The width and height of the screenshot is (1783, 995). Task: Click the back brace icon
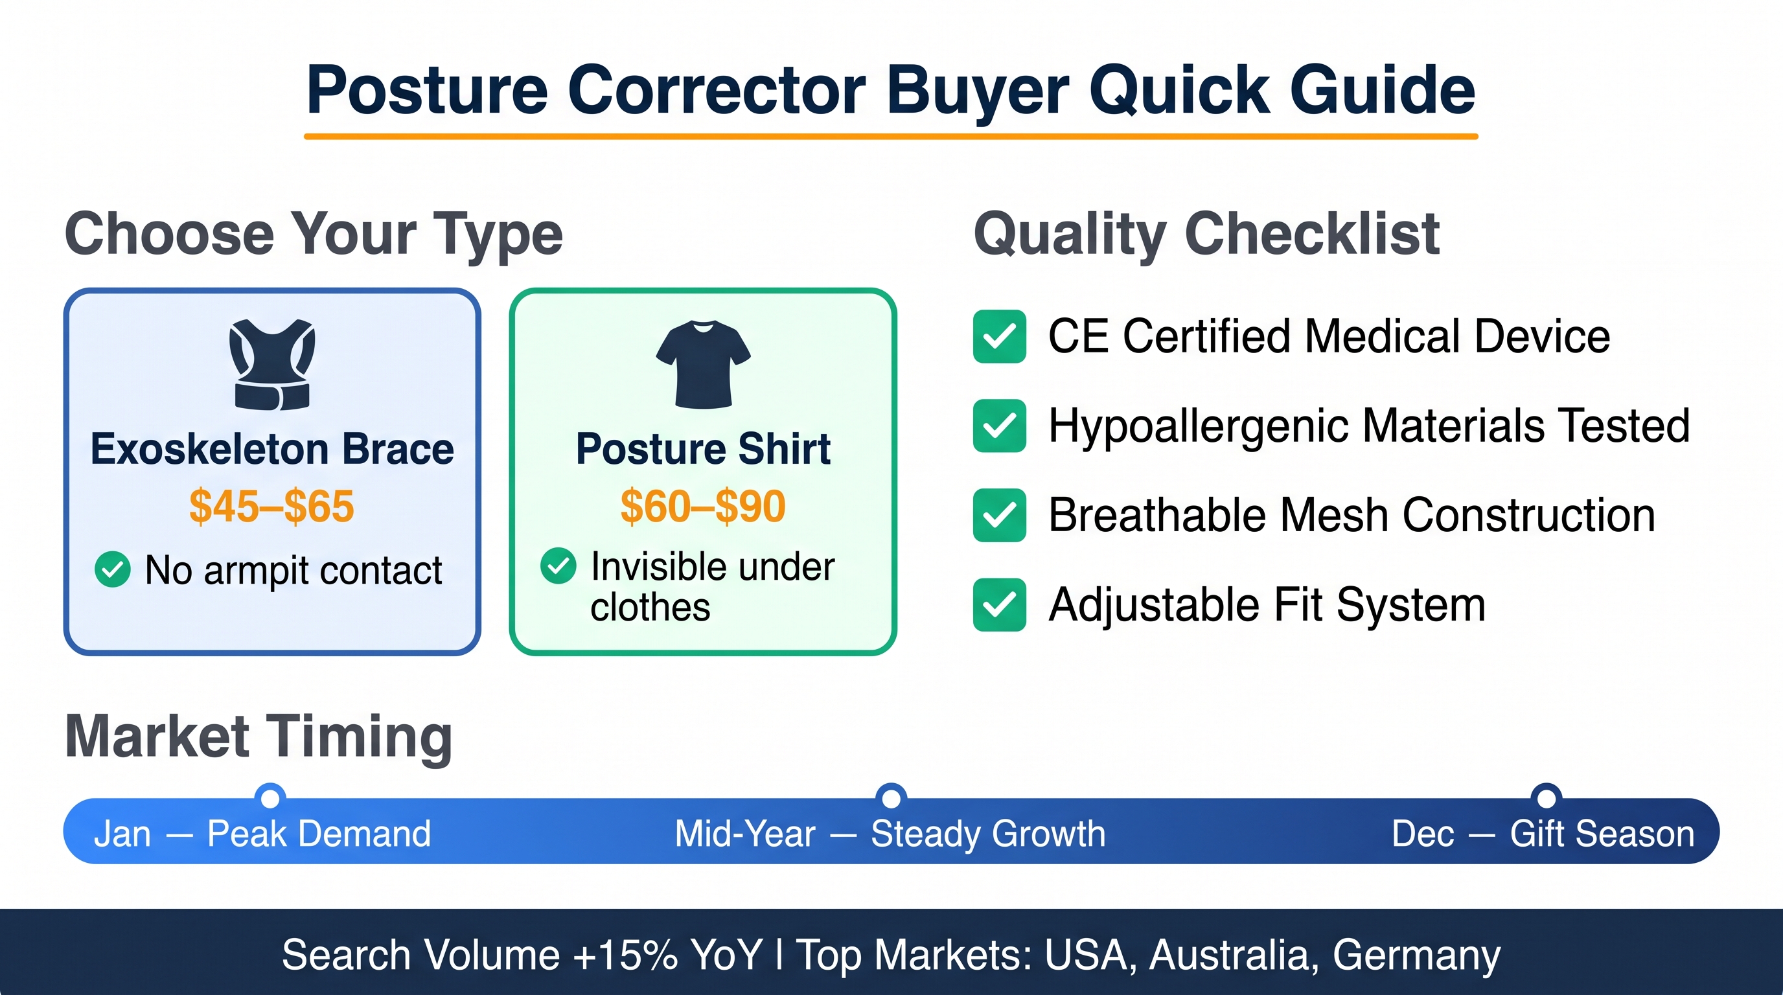[x=272, y=364]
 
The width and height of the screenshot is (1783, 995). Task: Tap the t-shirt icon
[x=703, y=364]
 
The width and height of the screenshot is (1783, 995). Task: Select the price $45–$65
[x=272, y=506]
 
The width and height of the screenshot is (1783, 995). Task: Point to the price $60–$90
[x=703, y=506]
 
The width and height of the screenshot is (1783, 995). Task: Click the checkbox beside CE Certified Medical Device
[x=1000, y=336]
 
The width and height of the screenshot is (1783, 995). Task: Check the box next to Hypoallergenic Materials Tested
[x=1000, y=426]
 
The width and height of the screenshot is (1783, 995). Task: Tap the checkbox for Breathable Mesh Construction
[x=1000, y=516]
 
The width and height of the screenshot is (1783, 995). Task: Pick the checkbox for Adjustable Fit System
[x=1000, y=605]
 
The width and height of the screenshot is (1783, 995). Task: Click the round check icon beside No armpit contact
[x=112, y=569]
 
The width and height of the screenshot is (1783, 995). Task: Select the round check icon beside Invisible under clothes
[x=558, y=566]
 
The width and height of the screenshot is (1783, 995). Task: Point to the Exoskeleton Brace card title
[x=272, y=449]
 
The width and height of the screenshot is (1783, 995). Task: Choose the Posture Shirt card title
[x=703, y=449]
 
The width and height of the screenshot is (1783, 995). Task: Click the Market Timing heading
[x=259, y=737]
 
